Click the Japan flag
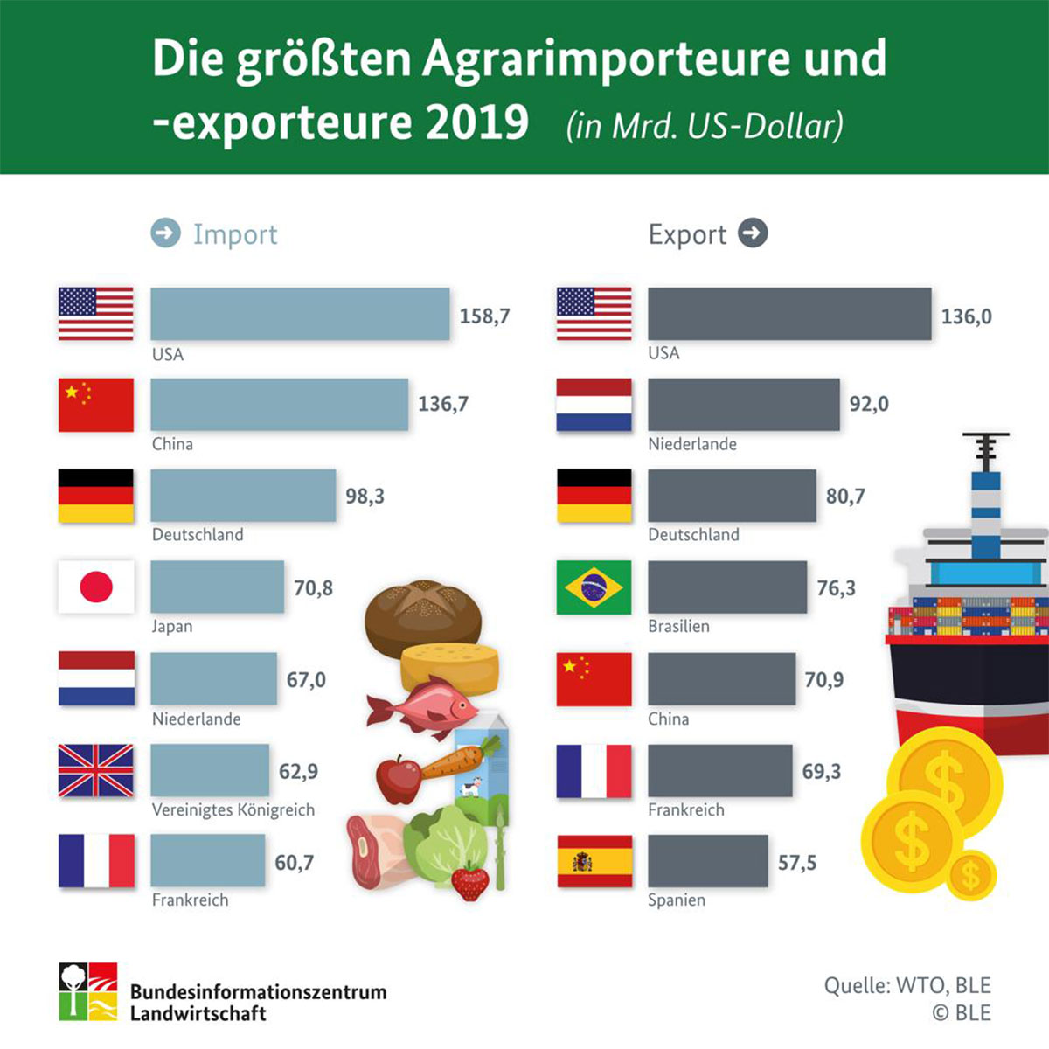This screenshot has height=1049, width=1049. coord(96,587)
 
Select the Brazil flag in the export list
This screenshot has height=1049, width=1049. coord(594,587)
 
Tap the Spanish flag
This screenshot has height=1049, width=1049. coord(594,862)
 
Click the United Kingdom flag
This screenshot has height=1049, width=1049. coord(96,771)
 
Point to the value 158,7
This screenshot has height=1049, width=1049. coord(484,316)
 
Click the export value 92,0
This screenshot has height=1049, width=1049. coord(869,404)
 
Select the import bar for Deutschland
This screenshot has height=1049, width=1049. coord(243,496)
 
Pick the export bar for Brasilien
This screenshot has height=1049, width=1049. coord(727,587)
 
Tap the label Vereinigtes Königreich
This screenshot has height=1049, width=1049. coord(233,809)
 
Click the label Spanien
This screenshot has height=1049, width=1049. coord(677,900)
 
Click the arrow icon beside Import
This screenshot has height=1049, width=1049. coord(165,233)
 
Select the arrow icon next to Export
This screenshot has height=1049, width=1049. coord(753,233)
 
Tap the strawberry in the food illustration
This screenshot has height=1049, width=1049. coord(470,881)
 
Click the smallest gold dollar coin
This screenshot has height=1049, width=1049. coord(970,876)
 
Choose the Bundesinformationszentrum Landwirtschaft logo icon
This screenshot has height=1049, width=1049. coord(87,991)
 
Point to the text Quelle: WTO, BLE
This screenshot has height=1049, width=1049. coord(907,986)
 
